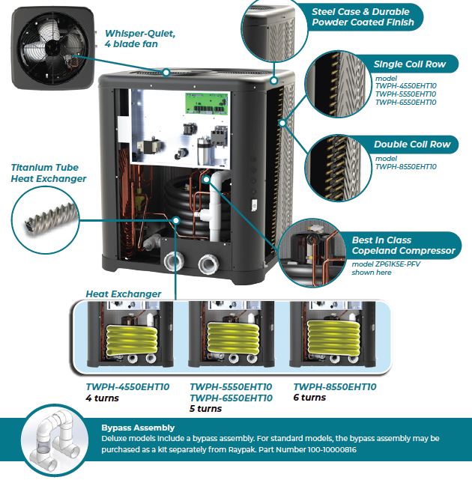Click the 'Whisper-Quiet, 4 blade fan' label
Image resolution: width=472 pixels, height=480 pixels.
(140, 38)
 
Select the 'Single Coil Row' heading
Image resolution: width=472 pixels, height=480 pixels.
(409, 64)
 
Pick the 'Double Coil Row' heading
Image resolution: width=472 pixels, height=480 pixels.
(412, 145)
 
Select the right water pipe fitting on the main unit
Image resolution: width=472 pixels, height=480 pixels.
(207, 265)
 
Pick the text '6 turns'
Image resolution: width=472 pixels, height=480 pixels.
(309, 398)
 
